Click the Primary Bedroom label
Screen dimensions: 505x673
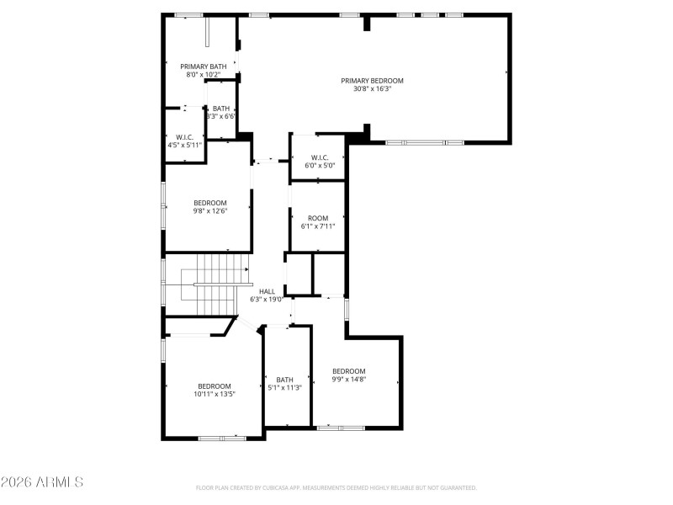(x=372, y=81)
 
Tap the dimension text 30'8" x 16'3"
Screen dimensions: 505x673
(x=372, y=89)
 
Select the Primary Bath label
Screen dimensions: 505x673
(x=203, y=66)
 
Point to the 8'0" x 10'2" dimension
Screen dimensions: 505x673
(x=203, y=75)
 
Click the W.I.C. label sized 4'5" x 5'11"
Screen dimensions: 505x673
(x=185, y=137)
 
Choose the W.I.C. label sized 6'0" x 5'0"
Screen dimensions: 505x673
(x=320, y=157)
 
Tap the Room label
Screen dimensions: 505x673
(x=318, y=218)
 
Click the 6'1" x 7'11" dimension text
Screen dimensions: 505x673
(x=318, y=226)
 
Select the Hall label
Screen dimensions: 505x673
(x=267, y=291)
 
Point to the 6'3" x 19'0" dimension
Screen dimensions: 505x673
(x=265, y=300)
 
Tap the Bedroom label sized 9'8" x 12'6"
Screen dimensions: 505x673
(x=210, y=203)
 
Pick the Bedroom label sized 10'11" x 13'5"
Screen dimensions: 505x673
(x=214, y=386)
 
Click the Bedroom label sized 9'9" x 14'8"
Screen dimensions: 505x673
(x=348, y=371)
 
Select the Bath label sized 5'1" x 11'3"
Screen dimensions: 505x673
(x=285, y=380)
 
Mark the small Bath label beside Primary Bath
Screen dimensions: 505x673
(x=220, y=109)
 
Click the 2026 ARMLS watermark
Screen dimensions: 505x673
(x=42, y=483)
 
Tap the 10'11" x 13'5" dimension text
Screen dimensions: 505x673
(x=214, y=394)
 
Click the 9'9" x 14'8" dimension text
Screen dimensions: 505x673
(x=348, y=380)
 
